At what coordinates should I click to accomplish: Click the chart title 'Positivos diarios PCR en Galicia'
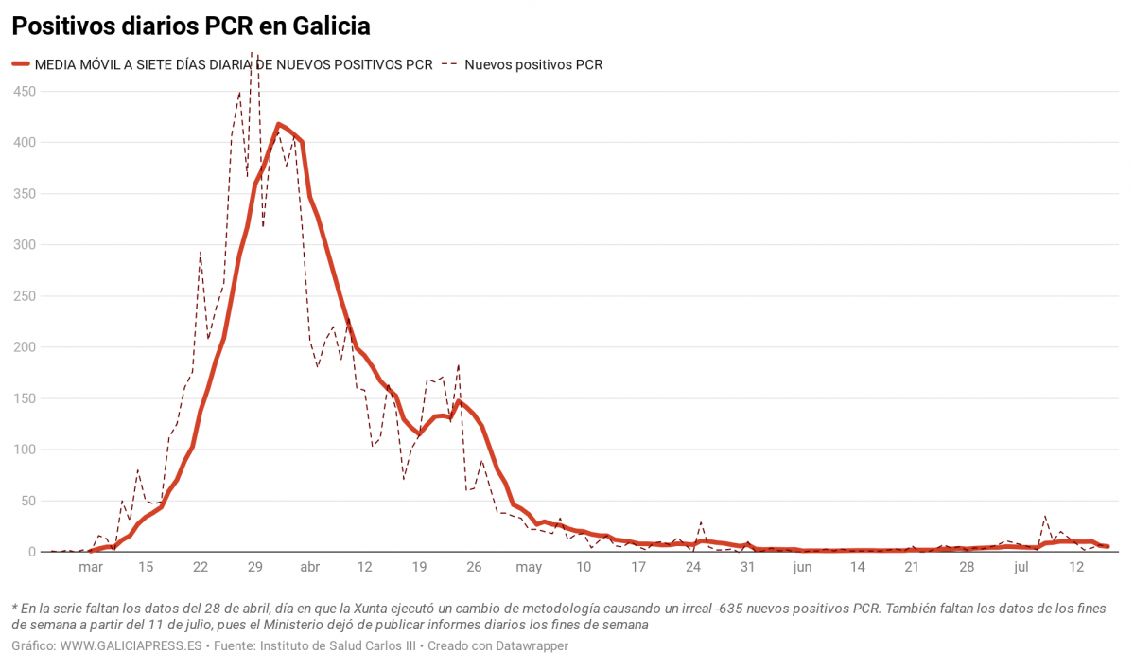pos(190,26)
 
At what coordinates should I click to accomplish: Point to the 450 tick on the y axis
pos(24,92)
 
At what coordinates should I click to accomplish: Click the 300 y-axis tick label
pos(24,245)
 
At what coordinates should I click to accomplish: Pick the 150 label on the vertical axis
pos(24,398)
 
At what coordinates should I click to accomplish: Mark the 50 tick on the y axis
pos(27,501)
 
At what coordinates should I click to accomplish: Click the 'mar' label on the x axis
pos(91,568)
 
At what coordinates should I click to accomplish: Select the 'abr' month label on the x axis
pos(309,568)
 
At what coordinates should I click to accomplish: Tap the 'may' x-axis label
pos(529,568)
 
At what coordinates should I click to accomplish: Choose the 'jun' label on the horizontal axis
pos(802,568)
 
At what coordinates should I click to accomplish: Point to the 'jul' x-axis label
pos(1021,568)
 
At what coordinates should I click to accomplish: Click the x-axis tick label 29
pos(254,568)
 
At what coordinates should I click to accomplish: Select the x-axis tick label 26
pos(474,568)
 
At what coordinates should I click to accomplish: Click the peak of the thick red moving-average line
pos(278,124)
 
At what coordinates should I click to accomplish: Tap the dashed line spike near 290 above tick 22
pos(200,253)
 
